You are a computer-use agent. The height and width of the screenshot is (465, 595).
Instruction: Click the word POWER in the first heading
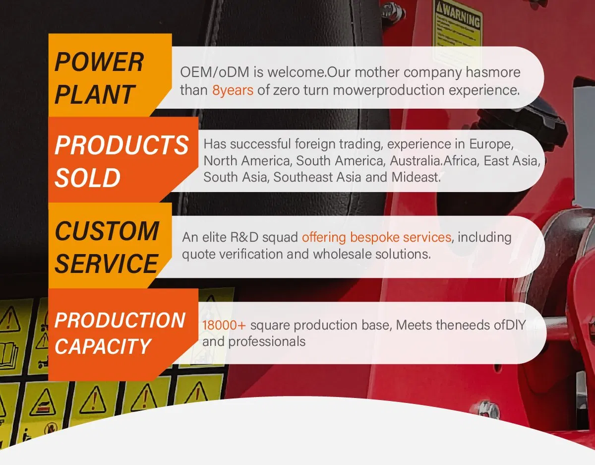(99, 62)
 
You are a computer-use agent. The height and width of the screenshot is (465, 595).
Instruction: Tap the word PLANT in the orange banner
(95, 94)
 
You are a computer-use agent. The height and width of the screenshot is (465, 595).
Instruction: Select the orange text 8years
(233, 90)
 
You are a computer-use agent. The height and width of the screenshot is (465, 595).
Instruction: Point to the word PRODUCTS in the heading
(121, 145)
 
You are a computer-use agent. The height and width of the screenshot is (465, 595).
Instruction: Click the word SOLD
(88, 178)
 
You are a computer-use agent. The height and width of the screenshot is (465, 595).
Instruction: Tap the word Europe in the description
(491, 144)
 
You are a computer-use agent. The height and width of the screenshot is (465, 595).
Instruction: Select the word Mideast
(416, 177)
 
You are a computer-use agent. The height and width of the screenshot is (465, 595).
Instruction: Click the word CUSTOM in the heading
(107, 231)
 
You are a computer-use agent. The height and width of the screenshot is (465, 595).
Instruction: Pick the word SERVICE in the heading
(106, 264)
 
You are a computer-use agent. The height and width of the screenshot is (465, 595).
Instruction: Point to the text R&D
(244, 237)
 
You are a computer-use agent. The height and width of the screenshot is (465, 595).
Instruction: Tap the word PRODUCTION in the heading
(120, 320)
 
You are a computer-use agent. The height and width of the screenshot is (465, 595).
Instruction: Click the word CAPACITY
(103, 346)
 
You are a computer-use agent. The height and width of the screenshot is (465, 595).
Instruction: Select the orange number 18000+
(224, 325)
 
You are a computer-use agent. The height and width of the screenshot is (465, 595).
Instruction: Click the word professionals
(267, 342)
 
